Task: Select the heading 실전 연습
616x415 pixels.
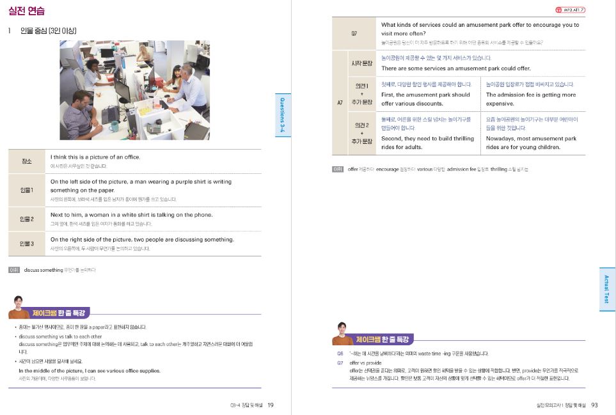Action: [x=26, y=11]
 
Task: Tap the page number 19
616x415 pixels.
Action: [x=271, y=404]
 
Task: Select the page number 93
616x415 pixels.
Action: [x=594, y=404]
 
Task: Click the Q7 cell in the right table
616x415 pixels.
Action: [x=355, y=33]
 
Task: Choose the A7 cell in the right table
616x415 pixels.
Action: [x=340, y=102]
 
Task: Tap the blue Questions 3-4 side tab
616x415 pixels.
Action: [x=283, y=115]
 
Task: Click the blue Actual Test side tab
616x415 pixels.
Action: [x=606, y=288]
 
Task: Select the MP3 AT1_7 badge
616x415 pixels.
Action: [x=570, y=10]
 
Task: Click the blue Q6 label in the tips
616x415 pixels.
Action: [x=340, y=353]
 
